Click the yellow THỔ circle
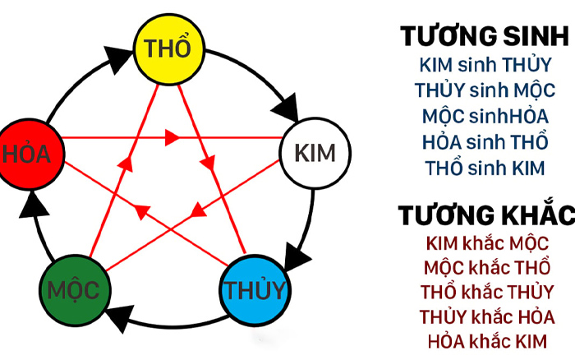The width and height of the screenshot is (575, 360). click(168, 49)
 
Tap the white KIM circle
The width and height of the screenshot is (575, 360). click(315, 154)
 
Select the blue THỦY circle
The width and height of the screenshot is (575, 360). click(255, 290)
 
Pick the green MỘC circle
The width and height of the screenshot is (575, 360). click(76, 290)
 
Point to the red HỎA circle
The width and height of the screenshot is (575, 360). click(30, 155)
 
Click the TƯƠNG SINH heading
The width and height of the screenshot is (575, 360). click(485, 36)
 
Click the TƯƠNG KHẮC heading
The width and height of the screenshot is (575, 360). click(486, 215)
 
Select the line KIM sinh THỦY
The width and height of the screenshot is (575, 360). click(485, 65)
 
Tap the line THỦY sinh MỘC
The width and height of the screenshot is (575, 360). click(485, 90)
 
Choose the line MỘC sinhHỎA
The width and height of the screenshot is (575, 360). click(485, 117)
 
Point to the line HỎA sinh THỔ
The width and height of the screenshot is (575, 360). click(485, 141)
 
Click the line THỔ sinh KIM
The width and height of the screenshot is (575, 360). click(485, 168)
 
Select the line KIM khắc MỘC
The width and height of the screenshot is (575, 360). click(487, 243)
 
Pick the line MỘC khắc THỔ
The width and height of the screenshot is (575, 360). click(487, 267)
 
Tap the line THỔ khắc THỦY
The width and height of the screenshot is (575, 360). click(487, 292)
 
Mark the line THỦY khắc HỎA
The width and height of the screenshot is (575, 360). click(487, 317)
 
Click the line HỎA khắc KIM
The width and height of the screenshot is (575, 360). click(487, 342)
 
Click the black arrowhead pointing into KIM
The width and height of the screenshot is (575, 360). click(286, 107)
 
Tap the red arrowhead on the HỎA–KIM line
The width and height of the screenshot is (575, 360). click(172, 137)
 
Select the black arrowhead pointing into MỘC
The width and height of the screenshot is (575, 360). click(120, 317)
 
